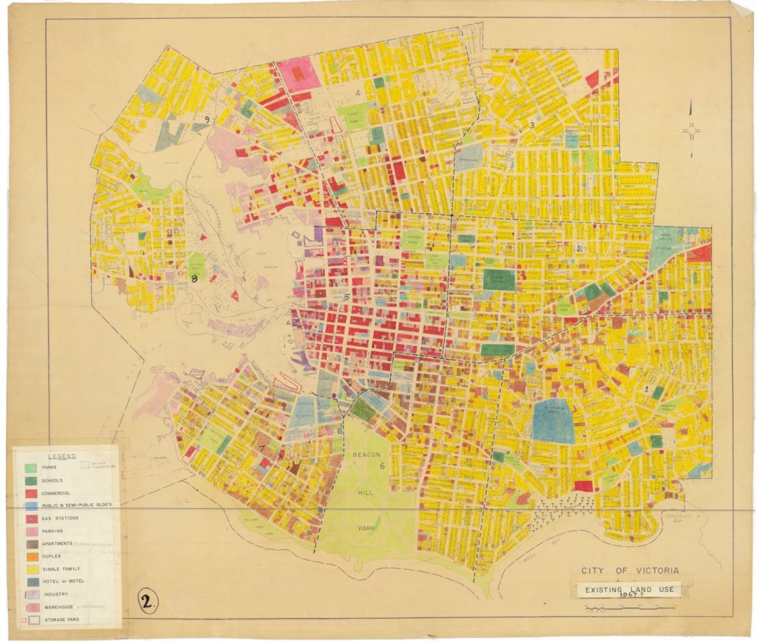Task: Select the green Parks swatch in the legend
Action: pyautogui.click(x=31, y=468)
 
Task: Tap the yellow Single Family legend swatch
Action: pyautogui.click(x=31, y=569)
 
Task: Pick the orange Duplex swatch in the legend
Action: pyautogui.click(x=31, y=556)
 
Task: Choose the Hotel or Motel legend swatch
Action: pyautogui.click(x=31, y=581)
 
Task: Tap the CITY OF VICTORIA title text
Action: pyautogui.click(x=630, y=571)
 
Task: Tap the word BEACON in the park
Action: pyautogui.click(x=366, y=455)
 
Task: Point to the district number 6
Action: pyautogui.click(x=382, y=466)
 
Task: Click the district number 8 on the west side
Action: pyautogui.click(x=193, y=280)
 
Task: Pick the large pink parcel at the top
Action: pyautogui.click(x=298, y=72)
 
